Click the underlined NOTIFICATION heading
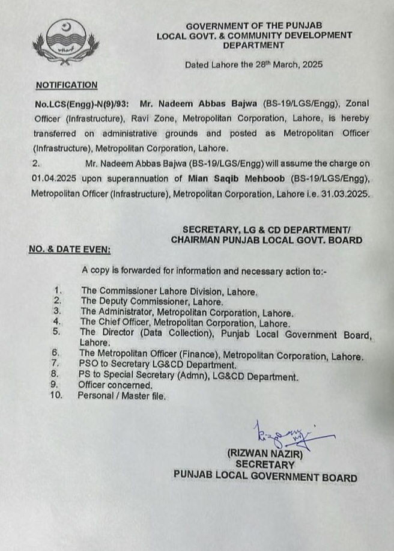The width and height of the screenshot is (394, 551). pos(66,86)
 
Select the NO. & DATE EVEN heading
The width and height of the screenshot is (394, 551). pos(69,249)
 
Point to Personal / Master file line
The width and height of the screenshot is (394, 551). pos(121,396)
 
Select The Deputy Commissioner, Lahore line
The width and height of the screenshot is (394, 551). pos(153,302)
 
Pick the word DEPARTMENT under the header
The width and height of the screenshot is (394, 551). pos(253,45)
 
